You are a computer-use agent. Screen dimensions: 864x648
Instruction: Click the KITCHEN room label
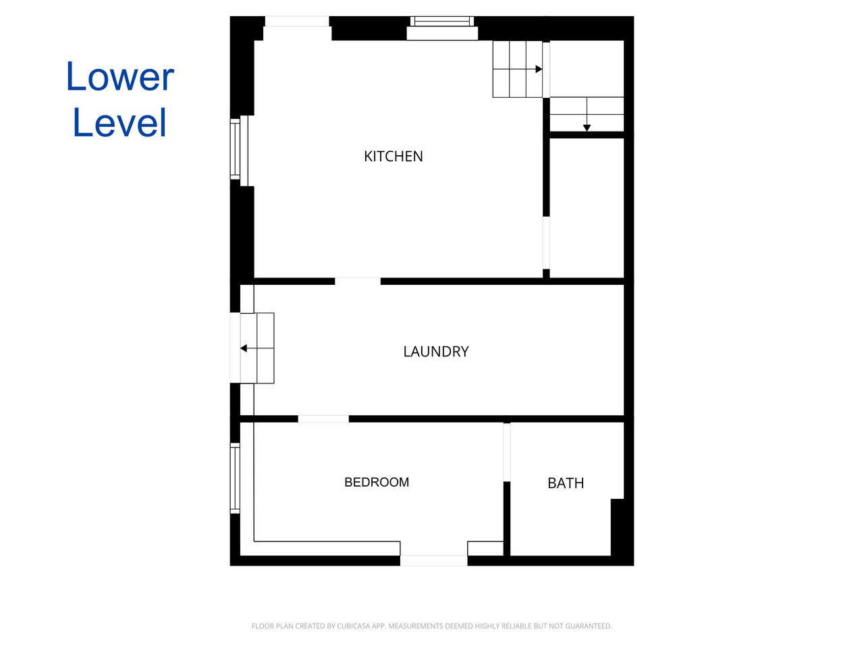pyautogui.click(x=393, y=156)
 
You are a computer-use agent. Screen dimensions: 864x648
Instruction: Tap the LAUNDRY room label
pyautogui.click(x=436, y=352)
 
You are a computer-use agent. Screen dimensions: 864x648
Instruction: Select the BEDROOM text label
pyautogui.click(x=376, y=482)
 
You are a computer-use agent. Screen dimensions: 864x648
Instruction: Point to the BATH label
pyautogui.click(x=565, y=483)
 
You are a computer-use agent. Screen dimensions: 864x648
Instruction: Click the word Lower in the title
pyautogui.click(x=120, y=76)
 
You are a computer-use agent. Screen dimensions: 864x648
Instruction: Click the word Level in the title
pyautogui.click(x=120, y=122)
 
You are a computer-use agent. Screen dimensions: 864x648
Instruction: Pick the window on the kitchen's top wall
pyautogui.click(x=442, y=28)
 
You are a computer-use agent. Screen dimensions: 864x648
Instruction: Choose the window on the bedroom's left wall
pyautogui.click(x=235, y=478)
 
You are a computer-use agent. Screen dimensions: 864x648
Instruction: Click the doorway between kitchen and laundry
pyautogui.click(x=357, y=281)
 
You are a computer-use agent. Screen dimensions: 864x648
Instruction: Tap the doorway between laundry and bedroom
pyautogui.click(x=323, y=418)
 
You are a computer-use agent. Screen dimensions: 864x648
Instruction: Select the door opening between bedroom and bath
pyautogui.click(x=507, y=452)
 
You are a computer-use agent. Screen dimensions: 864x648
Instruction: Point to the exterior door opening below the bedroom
pyautogui.click(x=434, y=560)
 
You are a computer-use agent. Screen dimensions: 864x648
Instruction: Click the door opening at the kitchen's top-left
pyautogui.click(x=297, y=22)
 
